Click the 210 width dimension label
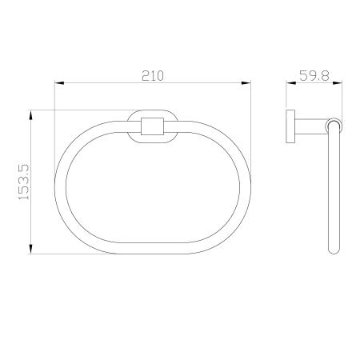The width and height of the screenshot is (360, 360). pos(153,76)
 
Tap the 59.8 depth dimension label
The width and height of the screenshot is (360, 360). pos(314,75)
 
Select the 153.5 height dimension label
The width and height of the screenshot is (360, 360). pos(24,182)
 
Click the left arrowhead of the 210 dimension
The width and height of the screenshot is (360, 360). pos(59,83)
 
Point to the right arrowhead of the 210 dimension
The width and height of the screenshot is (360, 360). pos(246,83)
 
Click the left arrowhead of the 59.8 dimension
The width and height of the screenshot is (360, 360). pos(291,83)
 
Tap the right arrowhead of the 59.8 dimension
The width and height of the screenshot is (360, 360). pos(338,83)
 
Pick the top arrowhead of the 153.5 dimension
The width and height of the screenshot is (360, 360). pos(31,115)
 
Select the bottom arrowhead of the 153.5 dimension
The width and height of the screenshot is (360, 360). pos(31,249)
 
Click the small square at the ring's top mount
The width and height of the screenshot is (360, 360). pos(152,126)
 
